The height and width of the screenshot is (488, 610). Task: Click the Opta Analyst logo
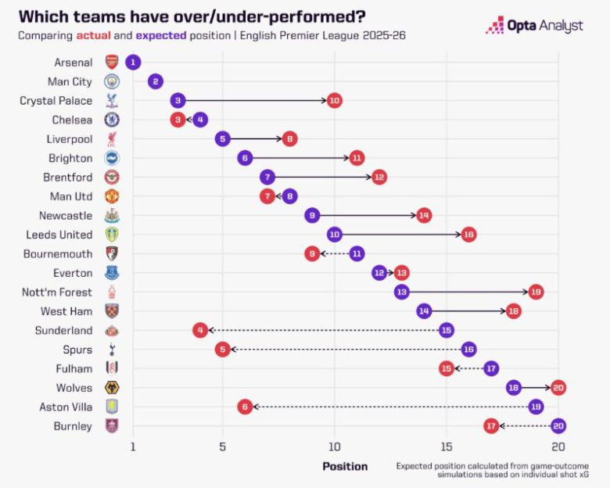[534, 25]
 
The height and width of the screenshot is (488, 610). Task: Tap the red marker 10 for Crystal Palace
[335, 100]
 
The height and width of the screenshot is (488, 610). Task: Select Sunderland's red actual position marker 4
[200, 330]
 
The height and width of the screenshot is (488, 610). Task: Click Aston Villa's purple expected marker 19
[536, 407]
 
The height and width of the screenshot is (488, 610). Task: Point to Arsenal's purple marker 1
[133, 62]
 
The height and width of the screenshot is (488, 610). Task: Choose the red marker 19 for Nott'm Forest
[536, 292]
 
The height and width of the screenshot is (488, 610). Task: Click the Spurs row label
[77, 350]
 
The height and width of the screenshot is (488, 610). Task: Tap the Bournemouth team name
[60, 253]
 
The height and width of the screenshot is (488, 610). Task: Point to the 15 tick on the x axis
[447, 447]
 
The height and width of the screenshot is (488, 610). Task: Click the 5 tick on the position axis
[223, 447]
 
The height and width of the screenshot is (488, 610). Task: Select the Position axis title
[345, 466]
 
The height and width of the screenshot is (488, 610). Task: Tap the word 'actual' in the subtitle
[93, 35]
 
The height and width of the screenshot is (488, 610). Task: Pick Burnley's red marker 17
[491, 425]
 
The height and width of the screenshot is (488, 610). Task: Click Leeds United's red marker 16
[468, 234]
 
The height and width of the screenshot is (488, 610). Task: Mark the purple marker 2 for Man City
[156, 81]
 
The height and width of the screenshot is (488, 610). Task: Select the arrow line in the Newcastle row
[368, 215]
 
